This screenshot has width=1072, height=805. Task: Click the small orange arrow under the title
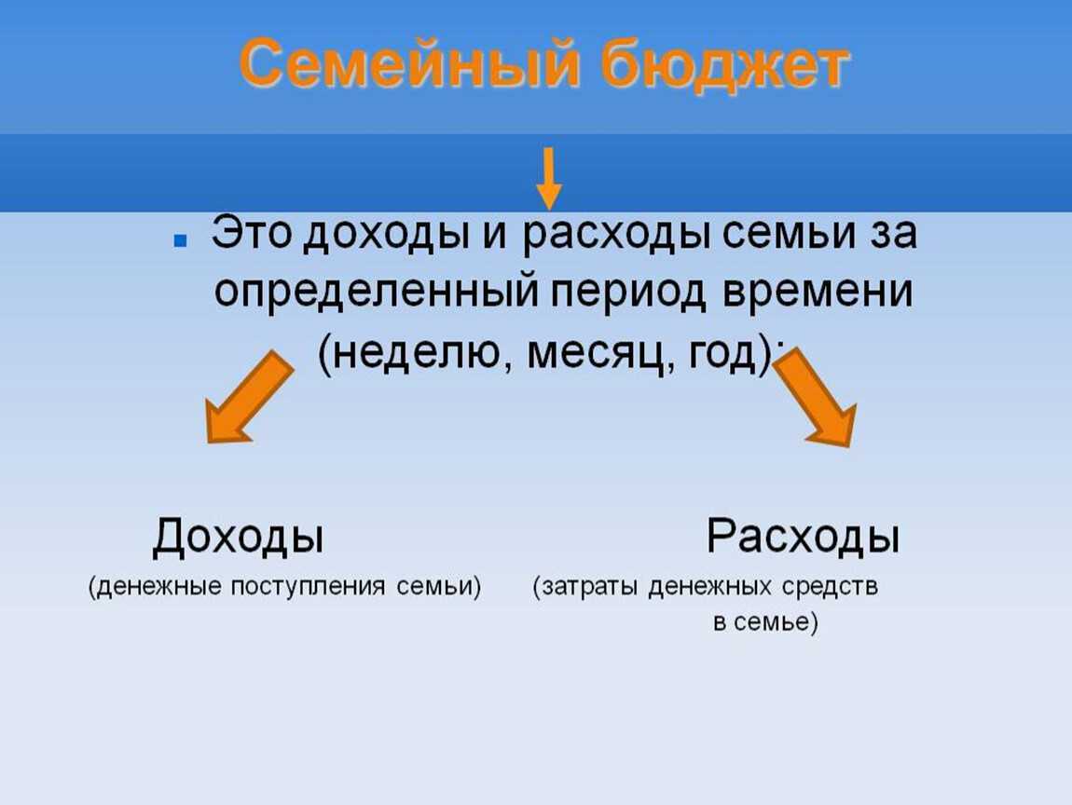point(549,178)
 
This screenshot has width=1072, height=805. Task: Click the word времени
point(821,293)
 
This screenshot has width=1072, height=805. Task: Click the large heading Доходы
point(238,538)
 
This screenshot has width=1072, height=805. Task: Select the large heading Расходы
point(803,538)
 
